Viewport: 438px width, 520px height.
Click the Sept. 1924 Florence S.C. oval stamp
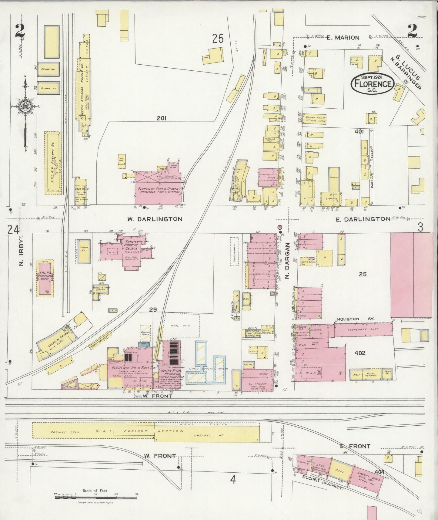[x=372, y=83]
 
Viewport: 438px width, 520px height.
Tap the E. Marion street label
[x=343, y=38]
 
